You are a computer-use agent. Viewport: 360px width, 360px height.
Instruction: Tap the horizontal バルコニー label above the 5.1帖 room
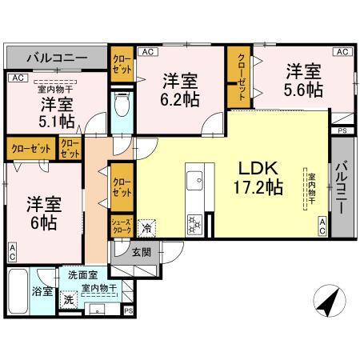[x=57, y=58]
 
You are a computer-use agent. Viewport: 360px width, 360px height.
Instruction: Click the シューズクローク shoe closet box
[x=120, y=226]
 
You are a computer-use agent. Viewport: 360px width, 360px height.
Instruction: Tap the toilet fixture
[x=122, y=106]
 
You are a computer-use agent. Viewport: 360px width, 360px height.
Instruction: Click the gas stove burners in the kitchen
[x=194, y=222]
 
